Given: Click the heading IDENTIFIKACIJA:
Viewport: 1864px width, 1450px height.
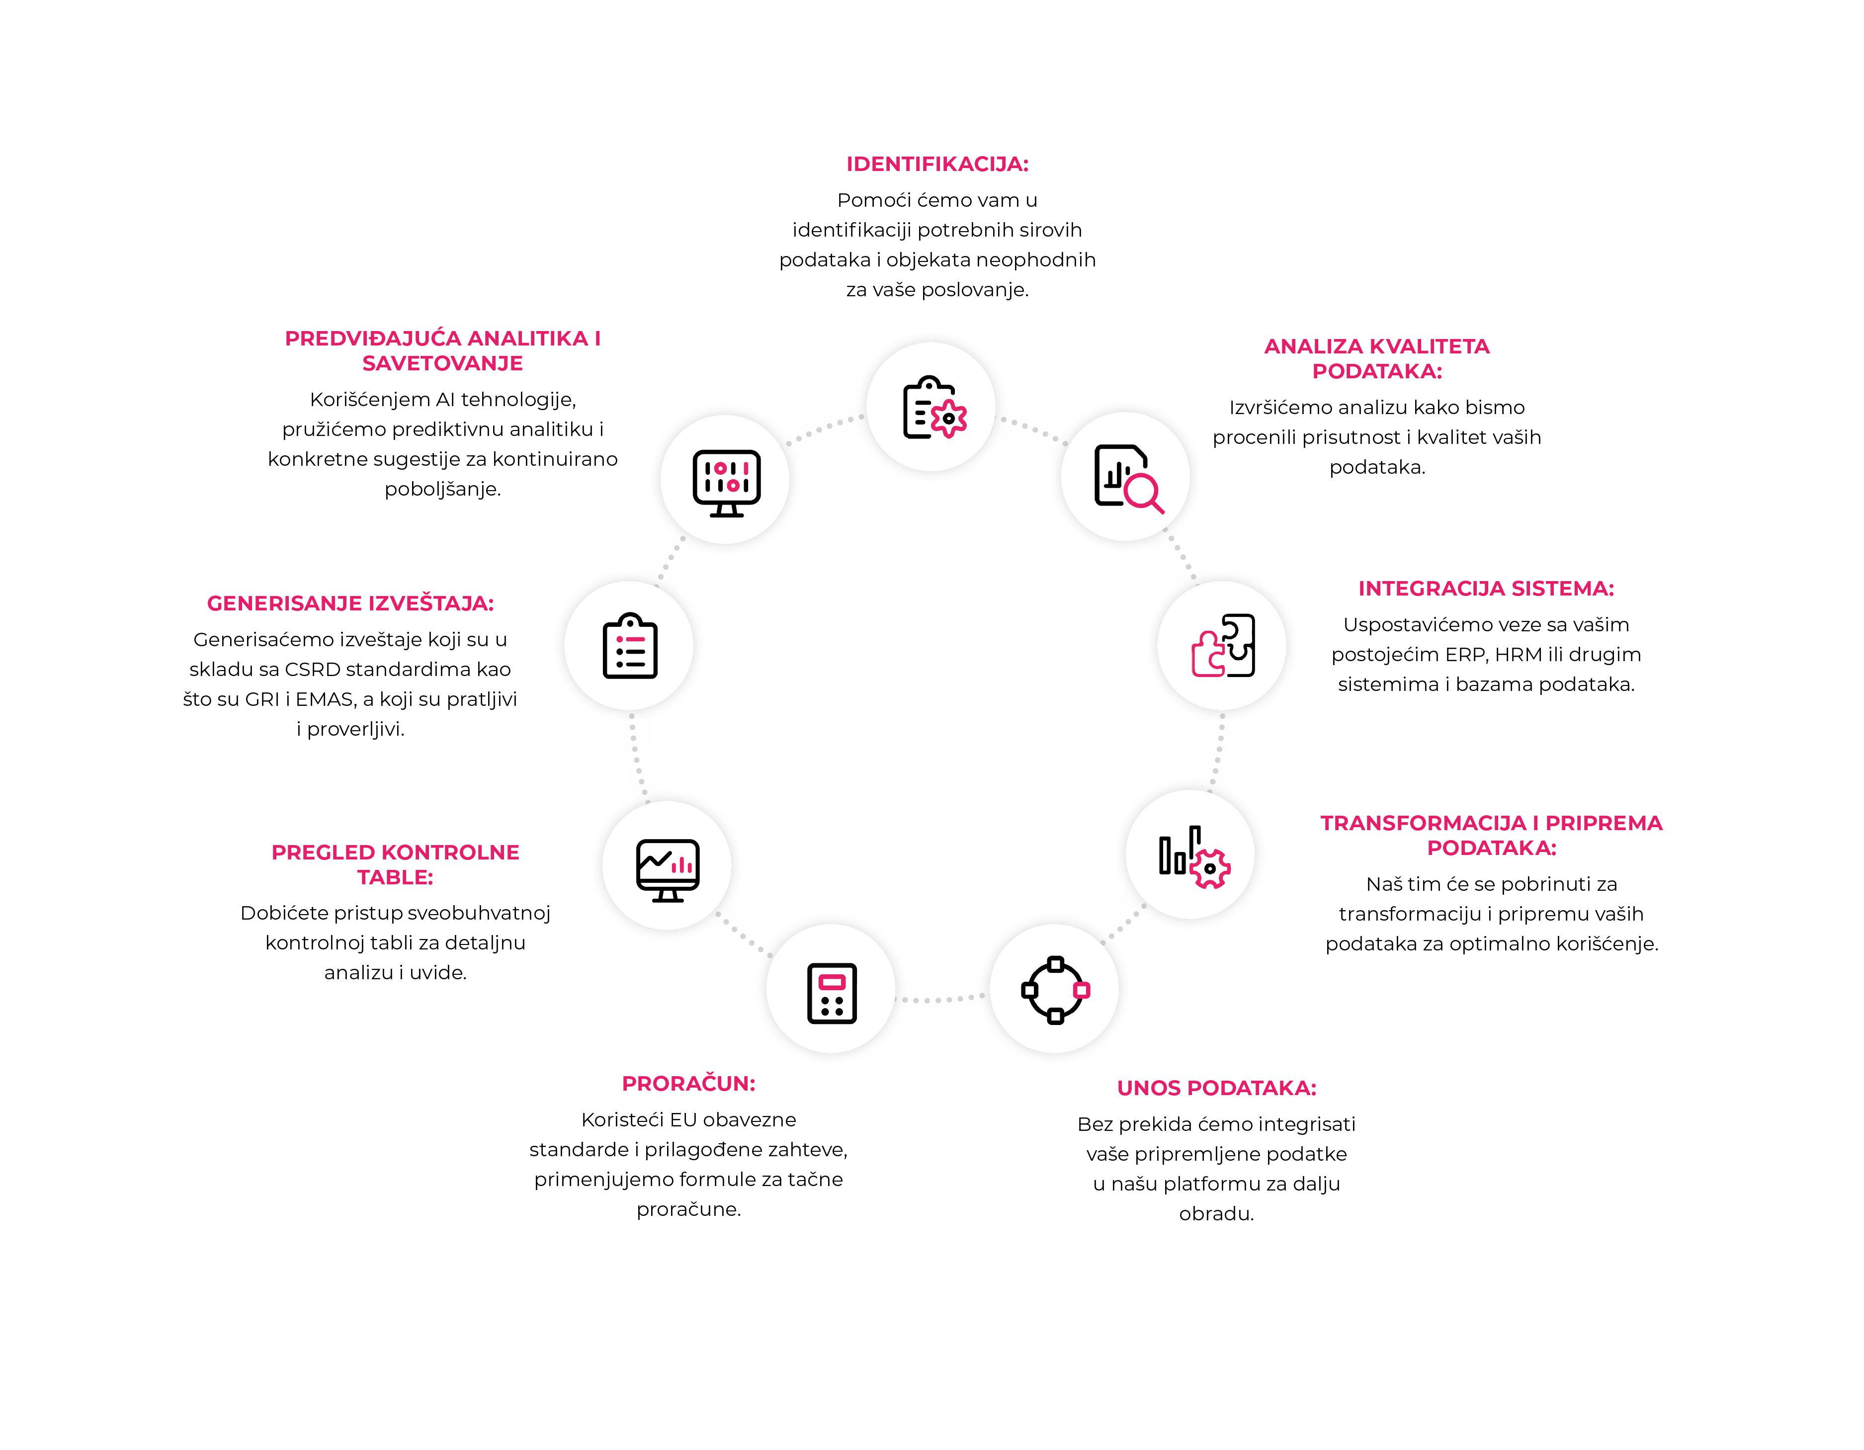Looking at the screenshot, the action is tap(937, 164).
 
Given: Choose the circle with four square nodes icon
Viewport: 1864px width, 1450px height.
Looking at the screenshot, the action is tap(1056, 990).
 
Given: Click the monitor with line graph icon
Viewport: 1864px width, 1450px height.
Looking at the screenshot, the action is tap(668, 870).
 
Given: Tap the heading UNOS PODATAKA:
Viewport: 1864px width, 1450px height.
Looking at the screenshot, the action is tap(1216, 1088).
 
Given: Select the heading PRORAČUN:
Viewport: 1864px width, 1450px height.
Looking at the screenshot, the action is tap(689, 1083).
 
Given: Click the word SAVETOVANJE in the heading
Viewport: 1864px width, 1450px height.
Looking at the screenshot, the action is tap(442, 363).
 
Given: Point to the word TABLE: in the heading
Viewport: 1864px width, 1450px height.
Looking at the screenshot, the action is tap(395, 877).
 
